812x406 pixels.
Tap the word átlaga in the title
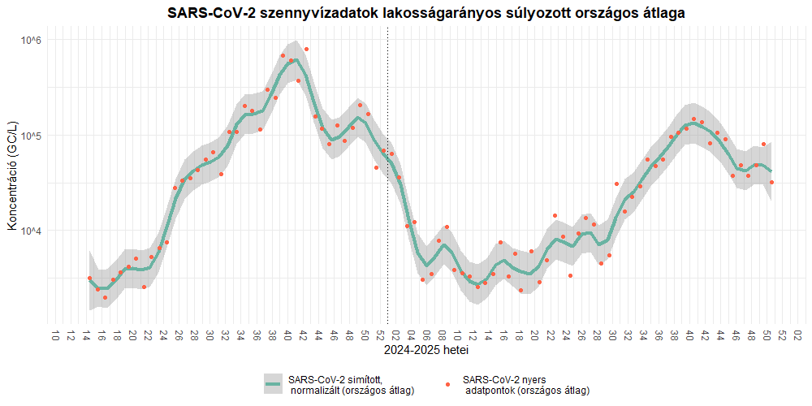pyautogui.click(x=662, y=13)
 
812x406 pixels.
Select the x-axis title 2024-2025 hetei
pyautogui.click(x=425, y=351)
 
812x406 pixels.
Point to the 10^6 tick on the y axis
pyautogui.click(x=29, y=41)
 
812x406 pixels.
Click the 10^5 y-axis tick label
pyautogui.click(x=29, y=136)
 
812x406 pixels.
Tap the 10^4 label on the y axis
pyautogui.click(x=29, y=231)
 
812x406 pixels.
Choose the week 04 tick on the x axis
pyautogui.click(x=411, y=335)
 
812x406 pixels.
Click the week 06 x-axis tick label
pyautogui.click(x=426, y=335)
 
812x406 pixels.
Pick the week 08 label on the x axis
pyautogui.click(x=442, y=335)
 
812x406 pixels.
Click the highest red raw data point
pyautogui.click(x=306, y=50)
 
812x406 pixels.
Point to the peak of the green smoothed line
pyautogui.click(x=296, y=59)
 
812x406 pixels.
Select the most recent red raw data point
pyautogui.click(x=771, y=183)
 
